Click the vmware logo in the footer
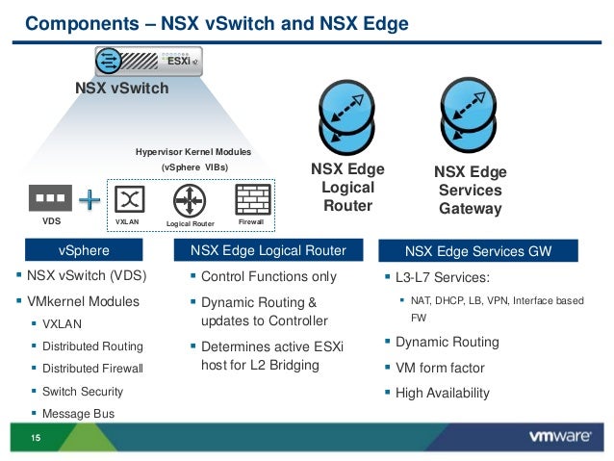tap(559, 436)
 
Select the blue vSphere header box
tap(83, 251)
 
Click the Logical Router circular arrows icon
tap(190, 200)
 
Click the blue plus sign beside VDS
tap(90, 200)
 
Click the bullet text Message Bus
tap(78, 413)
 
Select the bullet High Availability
tap(442, 393)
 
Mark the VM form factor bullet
tap(440, 368)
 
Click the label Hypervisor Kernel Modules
tap(192, 152)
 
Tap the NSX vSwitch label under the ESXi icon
tap(121, 89)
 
